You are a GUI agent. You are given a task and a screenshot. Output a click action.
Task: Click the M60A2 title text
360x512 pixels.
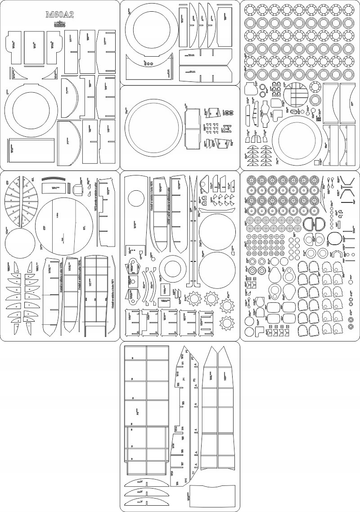[x=59, y=15]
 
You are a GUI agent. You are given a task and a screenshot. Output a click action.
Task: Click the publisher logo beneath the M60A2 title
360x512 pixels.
[x=59, y=24]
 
